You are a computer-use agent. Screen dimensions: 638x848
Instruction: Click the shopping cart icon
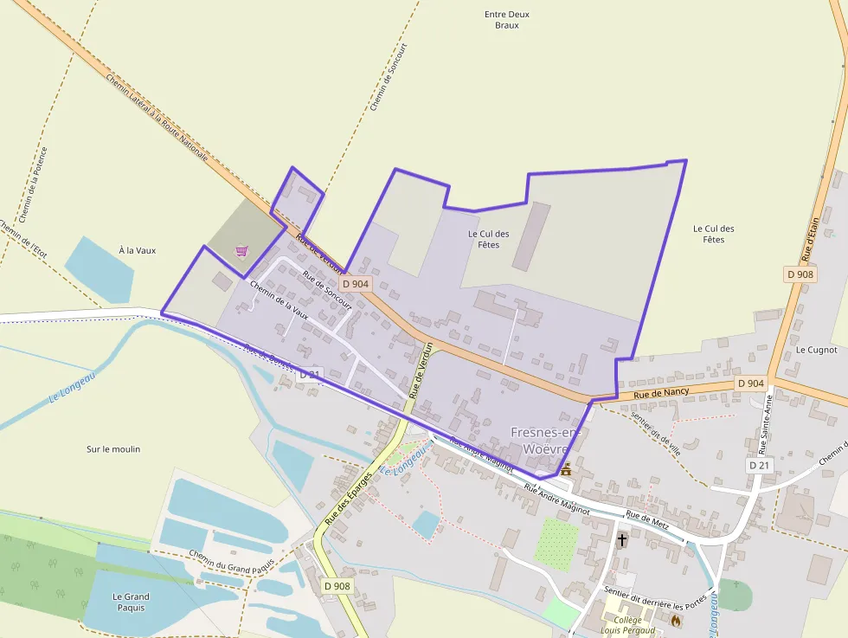241,251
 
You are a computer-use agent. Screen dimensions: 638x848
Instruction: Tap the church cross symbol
621,540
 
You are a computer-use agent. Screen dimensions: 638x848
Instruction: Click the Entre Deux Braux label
507,20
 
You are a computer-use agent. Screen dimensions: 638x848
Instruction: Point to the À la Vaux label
137,250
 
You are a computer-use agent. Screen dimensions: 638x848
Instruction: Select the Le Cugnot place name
816,350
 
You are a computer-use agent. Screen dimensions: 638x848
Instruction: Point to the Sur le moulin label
113,449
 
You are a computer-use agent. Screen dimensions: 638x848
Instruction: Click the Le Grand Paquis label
131,602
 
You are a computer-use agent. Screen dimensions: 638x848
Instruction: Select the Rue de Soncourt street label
328,289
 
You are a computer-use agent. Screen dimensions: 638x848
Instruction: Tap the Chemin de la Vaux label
279,299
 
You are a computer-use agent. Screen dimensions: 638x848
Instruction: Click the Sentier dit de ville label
656,432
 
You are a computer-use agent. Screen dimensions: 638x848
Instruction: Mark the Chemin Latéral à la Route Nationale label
157,118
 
